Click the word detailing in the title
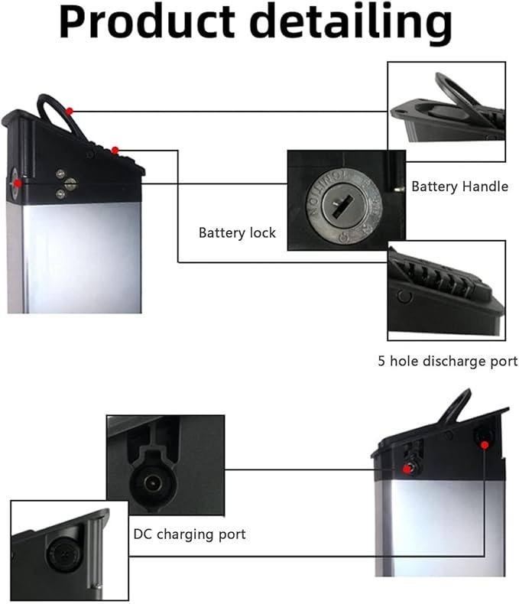coord(348,23)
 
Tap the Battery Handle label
coord(459,186)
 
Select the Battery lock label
coord(237,232)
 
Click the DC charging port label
coord(190,534)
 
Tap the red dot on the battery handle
coord(70,111)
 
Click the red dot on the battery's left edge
coord(17,183)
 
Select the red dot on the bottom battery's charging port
coord(406,468)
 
